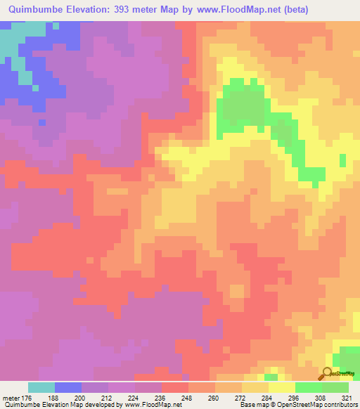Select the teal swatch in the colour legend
point(41,387)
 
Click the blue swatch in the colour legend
point(68,387)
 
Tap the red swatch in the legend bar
point(175,387)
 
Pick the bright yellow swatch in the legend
point(282,387)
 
